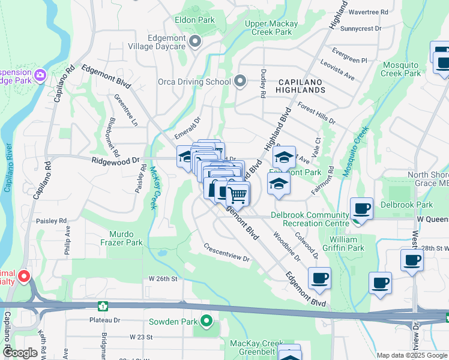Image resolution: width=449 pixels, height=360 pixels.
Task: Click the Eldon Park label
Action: point(194,20)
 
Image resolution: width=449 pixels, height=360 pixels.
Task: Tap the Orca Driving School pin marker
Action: point(240,81)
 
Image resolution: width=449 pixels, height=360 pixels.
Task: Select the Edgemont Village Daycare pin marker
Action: point(194,41)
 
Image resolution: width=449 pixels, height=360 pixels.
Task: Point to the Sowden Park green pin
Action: point(206,322)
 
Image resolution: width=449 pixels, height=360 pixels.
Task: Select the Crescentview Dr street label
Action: point(226,253)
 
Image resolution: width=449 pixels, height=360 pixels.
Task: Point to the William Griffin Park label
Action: point(347,243)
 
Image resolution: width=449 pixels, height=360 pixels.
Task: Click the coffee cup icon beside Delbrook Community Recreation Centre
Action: point(361,209)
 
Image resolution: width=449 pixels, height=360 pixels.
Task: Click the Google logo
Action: point(20,353)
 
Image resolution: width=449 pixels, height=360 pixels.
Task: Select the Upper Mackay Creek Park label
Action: point(271,28)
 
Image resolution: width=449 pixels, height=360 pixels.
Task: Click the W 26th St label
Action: point(164,279)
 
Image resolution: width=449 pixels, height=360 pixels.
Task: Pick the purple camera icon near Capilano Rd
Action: point(40,76)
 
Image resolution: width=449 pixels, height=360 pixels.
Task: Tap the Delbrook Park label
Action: point(414,205)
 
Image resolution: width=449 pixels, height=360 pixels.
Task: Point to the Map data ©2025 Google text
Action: point(411,355)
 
